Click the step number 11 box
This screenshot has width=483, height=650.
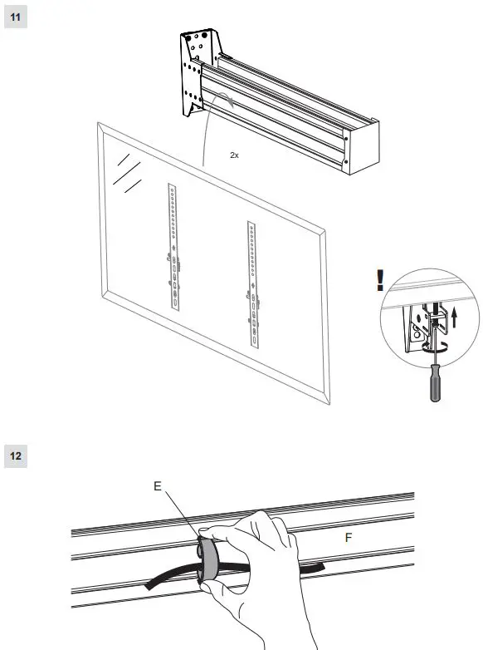pyautogui.click(x=16, y=18)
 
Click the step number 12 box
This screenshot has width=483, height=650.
pyautogui.click(x=16, y=455)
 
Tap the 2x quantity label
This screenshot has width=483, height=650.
pyautogui.click(x=235, y=155)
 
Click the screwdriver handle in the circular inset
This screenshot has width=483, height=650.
pyautogui.click(x=432, y=387)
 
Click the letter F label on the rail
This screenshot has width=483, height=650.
pyautogui.click(x=349, y=539)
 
